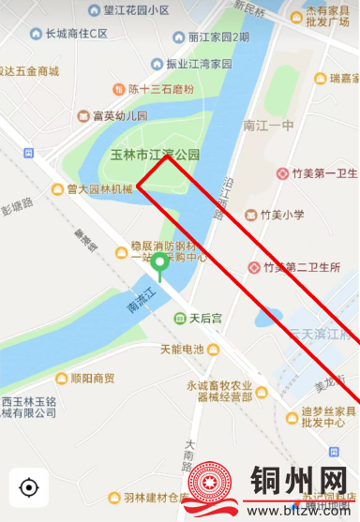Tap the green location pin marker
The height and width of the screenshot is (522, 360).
point(160,266)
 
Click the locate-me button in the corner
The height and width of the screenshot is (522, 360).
point(29,487)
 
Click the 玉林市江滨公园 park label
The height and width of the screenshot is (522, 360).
point(156,154)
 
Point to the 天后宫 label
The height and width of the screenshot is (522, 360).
point(205,319)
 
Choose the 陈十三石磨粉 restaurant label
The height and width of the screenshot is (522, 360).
point(160,90)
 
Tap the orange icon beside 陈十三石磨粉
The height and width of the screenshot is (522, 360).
point(117,90)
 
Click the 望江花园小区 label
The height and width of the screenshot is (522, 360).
point(137,10)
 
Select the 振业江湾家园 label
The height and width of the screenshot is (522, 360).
point(199,64)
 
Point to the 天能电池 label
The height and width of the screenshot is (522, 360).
point(182,350)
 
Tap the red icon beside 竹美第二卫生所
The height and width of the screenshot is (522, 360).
point(253,268)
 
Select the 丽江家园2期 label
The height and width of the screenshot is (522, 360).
point(218,37)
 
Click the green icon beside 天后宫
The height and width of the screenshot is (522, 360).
point(179,319)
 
